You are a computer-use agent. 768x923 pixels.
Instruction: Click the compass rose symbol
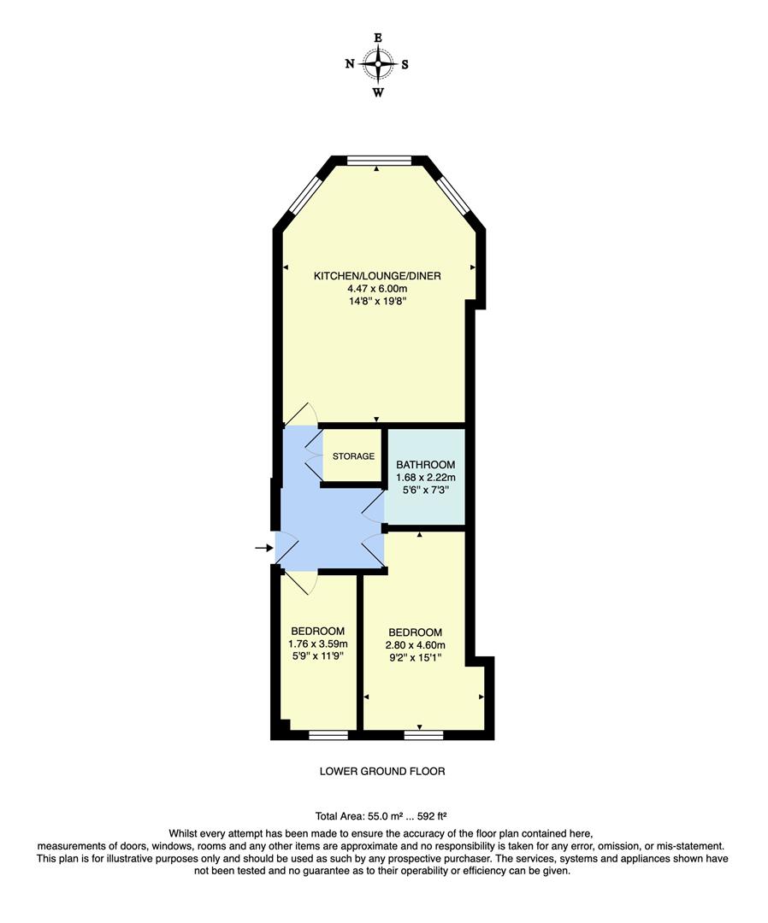coord(377,63)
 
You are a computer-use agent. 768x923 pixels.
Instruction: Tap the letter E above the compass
coord(377,38)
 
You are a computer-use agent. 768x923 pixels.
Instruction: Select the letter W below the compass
coord(377,92)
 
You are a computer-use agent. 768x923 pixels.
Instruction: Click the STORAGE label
coord(353,456)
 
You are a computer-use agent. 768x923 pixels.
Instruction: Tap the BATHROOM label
coord(425,464)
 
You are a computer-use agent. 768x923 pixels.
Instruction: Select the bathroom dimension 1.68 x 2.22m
coord(425,478)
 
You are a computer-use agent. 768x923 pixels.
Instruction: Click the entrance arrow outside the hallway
coord(263,547)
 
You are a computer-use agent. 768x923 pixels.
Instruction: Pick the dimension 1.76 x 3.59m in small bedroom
coord(317,644)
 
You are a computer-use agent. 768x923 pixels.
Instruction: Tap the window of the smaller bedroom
coord(328,733)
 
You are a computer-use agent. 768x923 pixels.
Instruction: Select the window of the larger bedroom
coord(423,733)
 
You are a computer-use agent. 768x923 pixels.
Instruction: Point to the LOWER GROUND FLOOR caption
coord(382,771)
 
